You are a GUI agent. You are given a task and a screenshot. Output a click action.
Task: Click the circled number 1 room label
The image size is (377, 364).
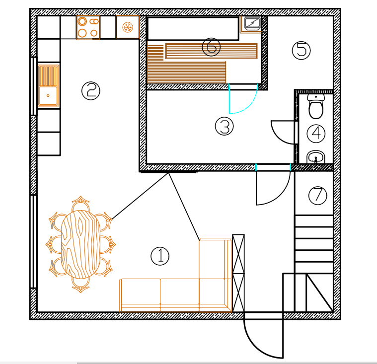pos(160,256)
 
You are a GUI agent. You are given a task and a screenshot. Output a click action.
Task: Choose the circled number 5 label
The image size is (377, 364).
pos(301,50)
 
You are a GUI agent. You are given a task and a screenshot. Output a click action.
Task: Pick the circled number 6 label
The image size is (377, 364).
pos(211,47)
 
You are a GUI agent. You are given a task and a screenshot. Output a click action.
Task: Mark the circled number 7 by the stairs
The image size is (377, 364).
pos(317,195)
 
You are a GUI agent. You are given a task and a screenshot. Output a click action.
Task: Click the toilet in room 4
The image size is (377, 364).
pos(315,107)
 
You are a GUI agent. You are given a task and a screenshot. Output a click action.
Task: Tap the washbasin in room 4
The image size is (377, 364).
pos(316,158)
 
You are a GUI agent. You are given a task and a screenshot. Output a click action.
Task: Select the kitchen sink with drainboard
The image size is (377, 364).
pos(48,85)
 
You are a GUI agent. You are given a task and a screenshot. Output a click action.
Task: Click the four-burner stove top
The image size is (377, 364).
pos(88,27)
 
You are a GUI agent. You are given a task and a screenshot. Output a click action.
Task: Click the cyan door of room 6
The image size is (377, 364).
pos(243,102)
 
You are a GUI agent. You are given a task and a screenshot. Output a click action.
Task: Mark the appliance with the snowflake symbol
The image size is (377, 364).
pos(128,27)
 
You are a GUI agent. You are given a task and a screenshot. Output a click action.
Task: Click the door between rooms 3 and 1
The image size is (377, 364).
pos(272,189)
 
